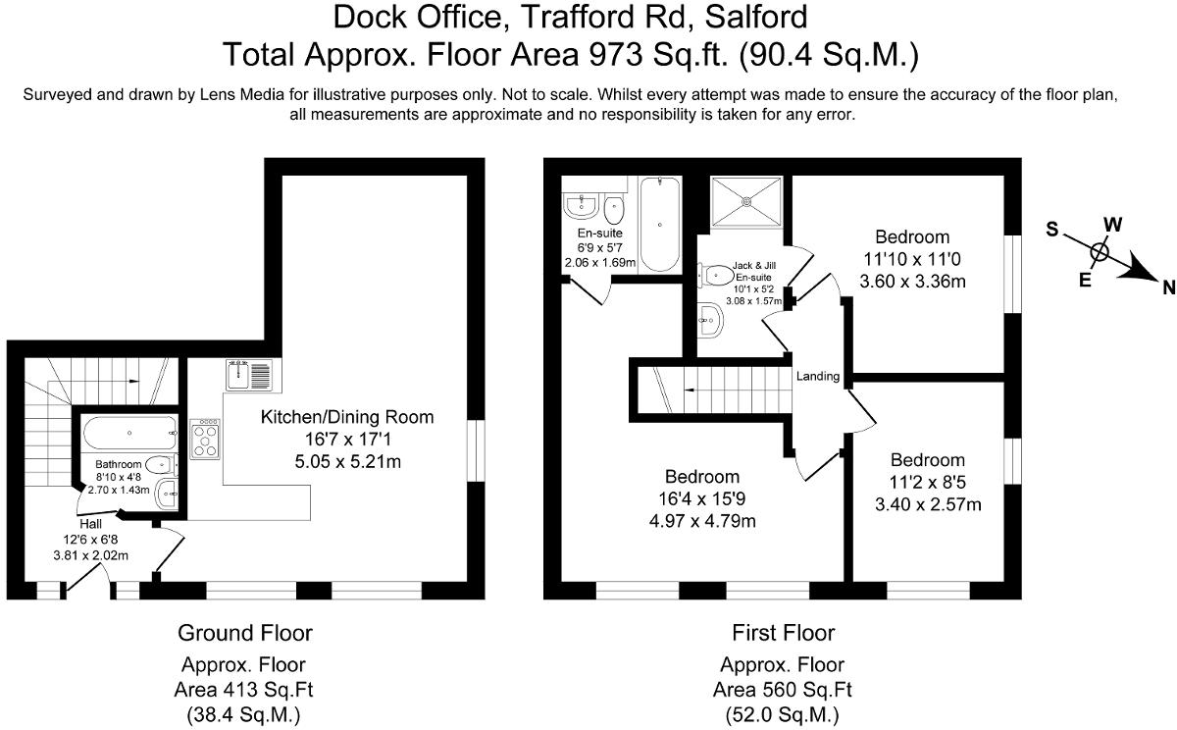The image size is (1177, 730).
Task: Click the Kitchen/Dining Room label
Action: point(346,417)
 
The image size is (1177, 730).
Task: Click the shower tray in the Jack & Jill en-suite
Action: point(745,202)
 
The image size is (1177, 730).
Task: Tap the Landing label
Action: point(817,376)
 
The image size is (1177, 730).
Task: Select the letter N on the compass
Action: point(1168,287)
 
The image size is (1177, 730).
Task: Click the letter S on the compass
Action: point(1051,230)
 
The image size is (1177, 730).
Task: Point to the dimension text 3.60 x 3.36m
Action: point(912,282)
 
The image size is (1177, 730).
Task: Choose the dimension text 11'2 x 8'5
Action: point(928,483)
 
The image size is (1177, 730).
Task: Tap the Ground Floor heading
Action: point(244,632)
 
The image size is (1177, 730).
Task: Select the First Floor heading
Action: point(783,632)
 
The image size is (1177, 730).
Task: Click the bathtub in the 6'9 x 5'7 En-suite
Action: point(659,224)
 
